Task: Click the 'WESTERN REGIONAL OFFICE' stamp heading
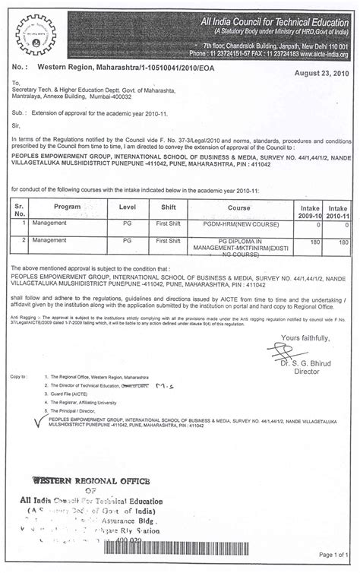pyautogui.click(x=84, y=481)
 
